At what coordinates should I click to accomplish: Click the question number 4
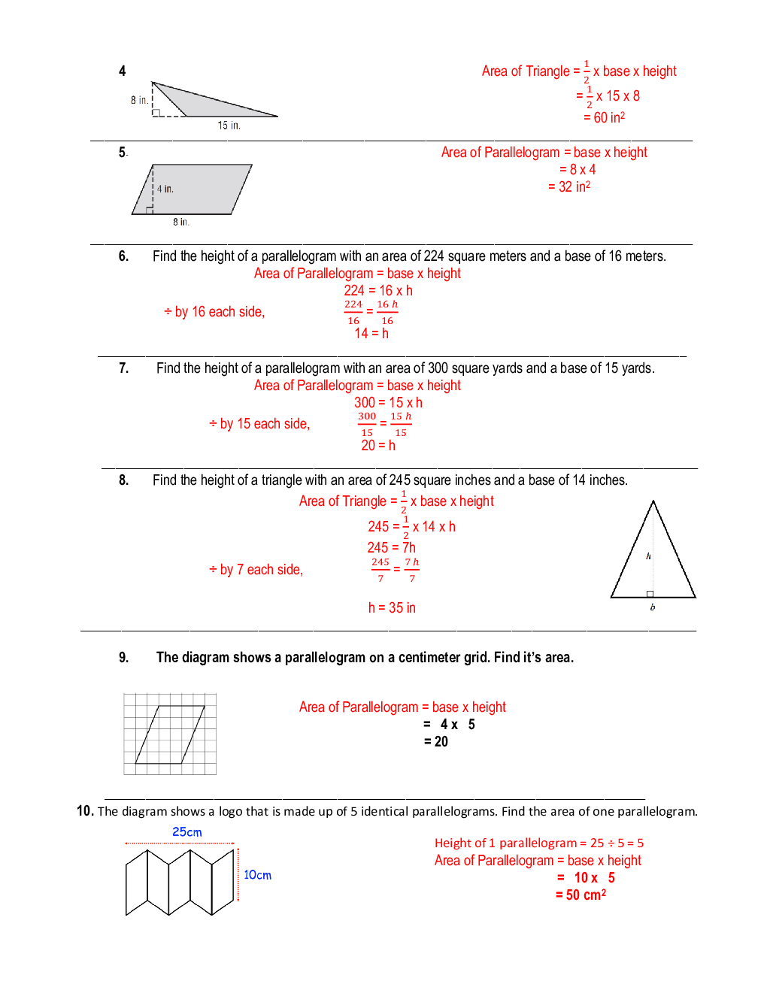coord(123,71)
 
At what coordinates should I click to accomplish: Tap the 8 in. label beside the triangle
coord(139,100)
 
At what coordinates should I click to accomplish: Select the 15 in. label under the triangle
coord(229,126)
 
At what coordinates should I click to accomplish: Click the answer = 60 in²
coord(604,117)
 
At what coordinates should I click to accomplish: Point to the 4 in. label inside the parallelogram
coord(165,189)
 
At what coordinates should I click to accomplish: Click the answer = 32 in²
coord(569,186)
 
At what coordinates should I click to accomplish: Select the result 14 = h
coord(371,333)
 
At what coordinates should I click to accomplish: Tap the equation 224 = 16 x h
coord(378,290)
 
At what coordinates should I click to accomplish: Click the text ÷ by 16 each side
coord(214,312)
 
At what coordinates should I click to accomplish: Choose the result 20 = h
coord(378,445)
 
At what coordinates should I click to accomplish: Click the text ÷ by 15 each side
coord(259,424)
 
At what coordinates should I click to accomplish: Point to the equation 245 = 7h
coord(391,547)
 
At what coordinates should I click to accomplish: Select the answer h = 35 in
coord(392,607)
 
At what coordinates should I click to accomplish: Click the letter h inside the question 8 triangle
coord(648,556)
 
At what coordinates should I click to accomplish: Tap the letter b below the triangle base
coord(652,607)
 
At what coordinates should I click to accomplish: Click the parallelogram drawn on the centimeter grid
coord(170,734)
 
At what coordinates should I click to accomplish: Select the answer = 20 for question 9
coord(436,742)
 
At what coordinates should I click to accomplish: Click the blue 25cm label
coord(187,832)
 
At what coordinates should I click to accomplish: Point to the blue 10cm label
coord(257,875)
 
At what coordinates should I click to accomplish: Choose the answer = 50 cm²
coord(581,895)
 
